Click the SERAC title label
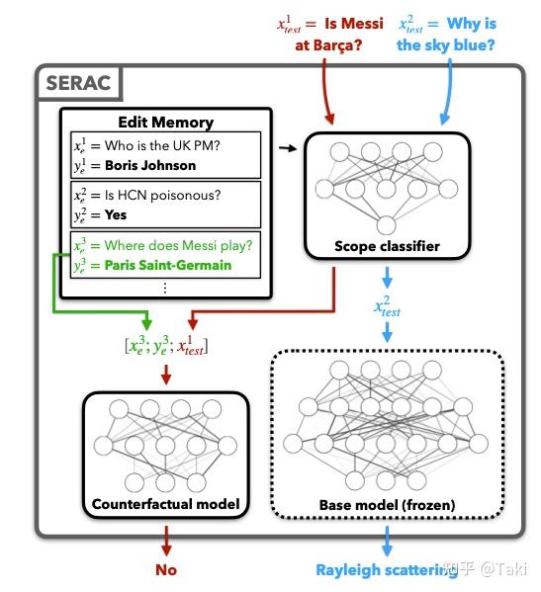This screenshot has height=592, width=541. pyautogui.click(x=78, y=85)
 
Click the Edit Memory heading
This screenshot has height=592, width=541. pyautogui.click(x=165, y=123)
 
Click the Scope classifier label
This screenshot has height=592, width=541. pyautogui.click(x=386, y=246)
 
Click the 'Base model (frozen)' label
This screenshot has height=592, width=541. pyautogui.click(x=387, y=505)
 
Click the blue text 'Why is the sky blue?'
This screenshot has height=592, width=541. pyautogui.click(x=447, y=33)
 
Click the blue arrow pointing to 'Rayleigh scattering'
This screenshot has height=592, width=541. pyautogui.click(x=387, y=542)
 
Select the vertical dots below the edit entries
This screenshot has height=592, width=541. pyautogui.click(x=165, y=287)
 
